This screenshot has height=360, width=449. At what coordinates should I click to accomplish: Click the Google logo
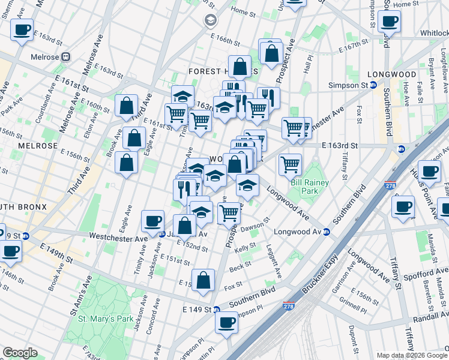(20, 353)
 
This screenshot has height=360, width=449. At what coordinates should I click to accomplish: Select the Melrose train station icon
(65, 57)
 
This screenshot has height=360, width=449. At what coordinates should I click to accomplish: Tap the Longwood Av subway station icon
(326, 232)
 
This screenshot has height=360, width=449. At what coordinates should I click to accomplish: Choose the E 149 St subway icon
(217, 310)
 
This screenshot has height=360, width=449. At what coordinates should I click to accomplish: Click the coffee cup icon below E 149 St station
(227, 322)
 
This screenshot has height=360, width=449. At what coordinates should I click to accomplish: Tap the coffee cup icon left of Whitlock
(389, 22)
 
